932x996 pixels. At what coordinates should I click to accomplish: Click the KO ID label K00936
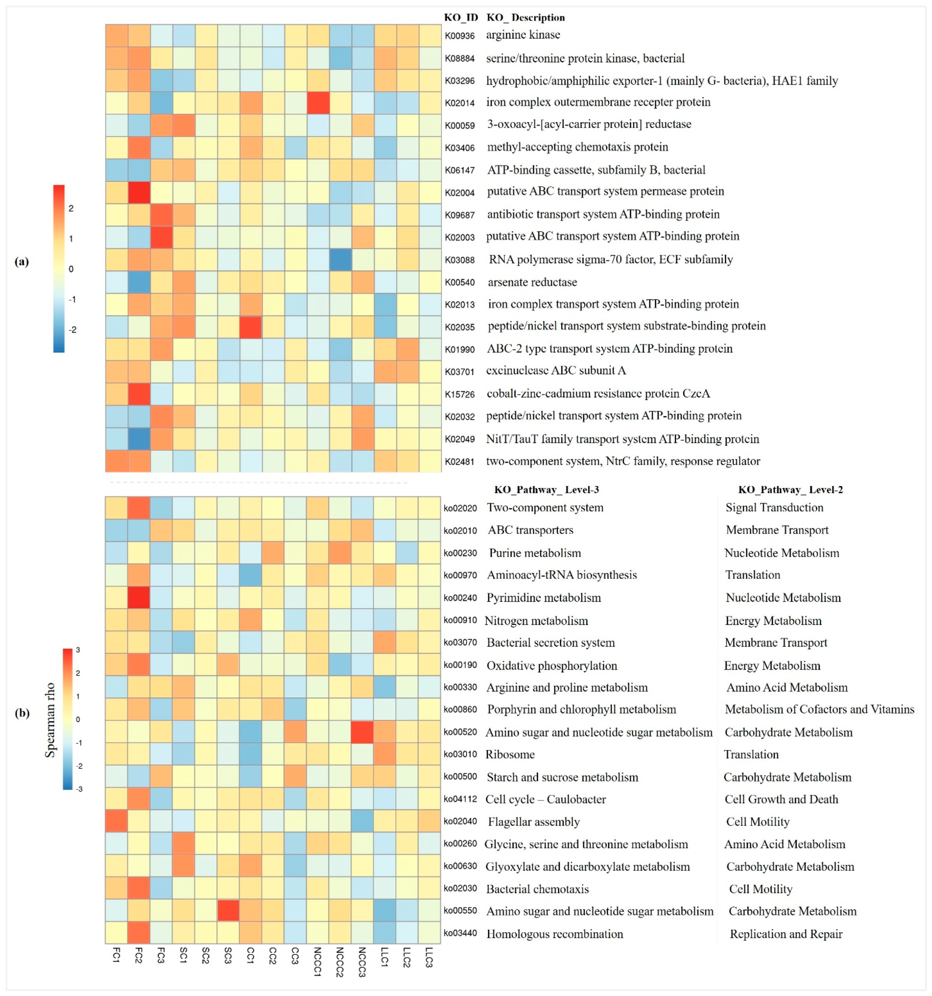pyautogui.click(x=459, y=36)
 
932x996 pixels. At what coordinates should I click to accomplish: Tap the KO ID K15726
pyautogui.click(x=459, y=394)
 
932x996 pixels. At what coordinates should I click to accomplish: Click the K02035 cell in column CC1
pyautogui.click(x=251, y=327)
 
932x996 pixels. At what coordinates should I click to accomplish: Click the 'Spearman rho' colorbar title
pyautogui.click(x=50, y=720)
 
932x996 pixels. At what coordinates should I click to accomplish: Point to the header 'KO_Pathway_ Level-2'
pyautogui.click(x=790, y=489)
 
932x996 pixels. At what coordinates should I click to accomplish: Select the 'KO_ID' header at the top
pyautogui.click(x=461, y=18)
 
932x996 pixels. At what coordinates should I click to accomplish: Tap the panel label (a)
pyautogui.click(x=21, y=262)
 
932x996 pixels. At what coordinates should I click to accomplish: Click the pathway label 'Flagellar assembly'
pyautogui.click(x=533, y=822)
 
